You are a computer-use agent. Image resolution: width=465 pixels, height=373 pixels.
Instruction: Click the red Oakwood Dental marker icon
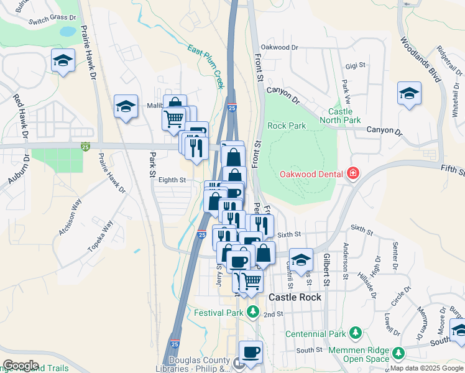point(353,173)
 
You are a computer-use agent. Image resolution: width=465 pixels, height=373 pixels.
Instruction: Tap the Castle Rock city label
point(295,297)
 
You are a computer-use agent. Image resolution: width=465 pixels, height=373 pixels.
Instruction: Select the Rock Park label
point(287,126)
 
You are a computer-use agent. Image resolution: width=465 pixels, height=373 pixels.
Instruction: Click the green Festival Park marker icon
point(252,310)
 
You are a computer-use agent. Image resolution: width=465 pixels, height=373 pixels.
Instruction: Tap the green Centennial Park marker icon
point(355,333)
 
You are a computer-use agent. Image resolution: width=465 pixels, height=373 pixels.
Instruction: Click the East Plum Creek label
point(205,66)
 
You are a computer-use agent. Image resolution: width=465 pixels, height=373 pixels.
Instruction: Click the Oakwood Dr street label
point(280,47)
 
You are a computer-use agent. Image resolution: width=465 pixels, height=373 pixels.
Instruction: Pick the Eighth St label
point(172,180)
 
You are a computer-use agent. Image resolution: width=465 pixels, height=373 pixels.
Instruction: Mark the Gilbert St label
point(325,269)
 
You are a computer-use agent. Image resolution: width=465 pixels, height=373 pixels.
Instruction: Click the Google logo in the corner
point(21,365)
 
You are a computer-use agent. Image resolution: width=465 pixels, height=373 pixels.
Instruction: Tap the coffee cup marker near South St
point(251,352)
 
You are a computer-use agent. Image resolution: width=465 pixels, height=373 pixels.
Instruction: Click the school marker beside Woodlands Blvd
point(408,94)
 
